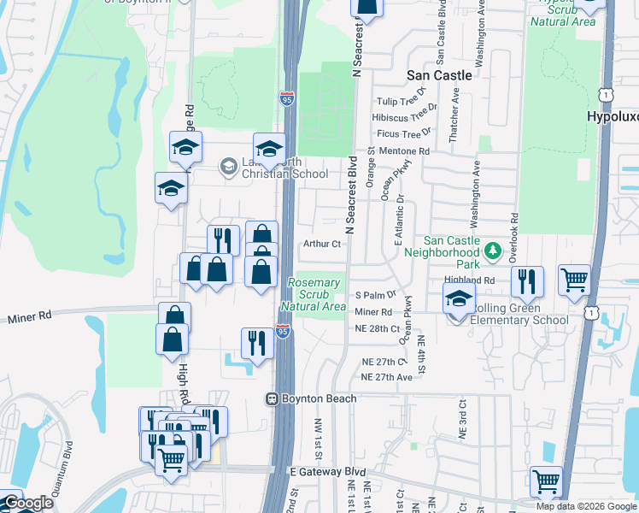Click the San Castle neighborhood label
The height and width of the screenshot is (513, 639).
click(x=439, y=75)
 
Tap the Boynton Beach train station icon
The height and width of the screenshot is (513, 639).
click(x=271, y=398)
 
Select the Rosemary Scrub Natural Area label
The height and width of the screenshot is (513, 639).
click(x=316, y=294)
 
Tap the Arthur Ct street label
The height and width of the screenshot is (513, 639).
click(x=322, y=244)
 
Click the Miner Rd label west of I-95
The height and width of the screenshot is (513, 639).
click(x=31, y=316)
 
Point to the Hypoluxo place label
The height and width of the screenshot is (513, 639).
click(x=613, y=116)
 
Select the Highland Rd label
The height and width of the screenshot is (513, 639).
click(x=470, y=280)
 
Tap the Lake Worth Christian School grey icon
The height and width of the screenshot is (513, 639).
click(x=228, y=166)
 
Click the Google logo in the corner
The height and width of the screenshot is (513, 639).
click(x=27, y=504)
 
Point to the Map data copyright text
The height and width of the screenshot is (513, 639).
click(x=586, y=506)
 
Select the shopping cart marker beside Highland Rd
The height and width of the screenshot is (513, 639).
click(x=574, y=279)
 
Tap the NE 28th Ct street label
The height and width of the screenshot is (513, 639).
click(x=377, y=329)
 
